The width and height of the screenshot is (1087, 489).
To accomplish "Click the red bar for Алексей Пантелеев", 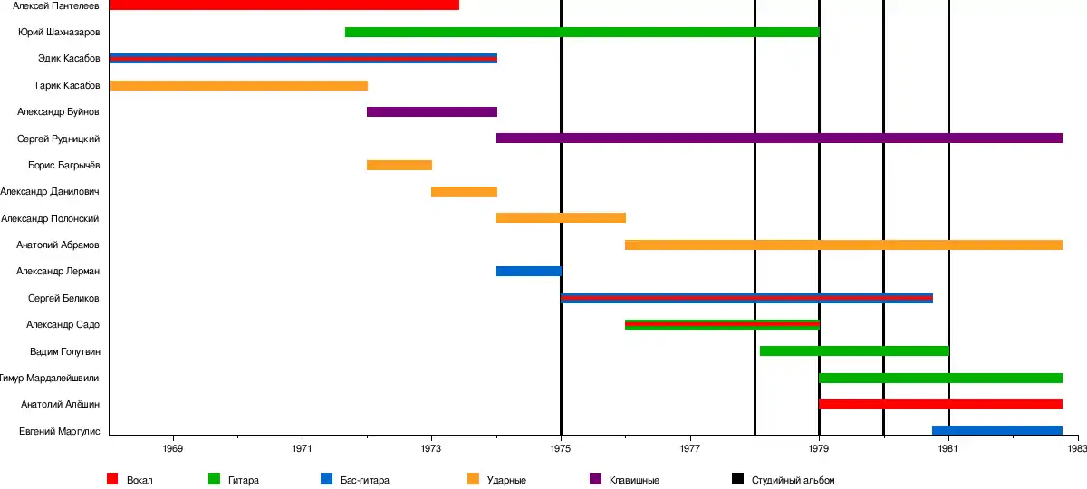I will click(x=284, y=5).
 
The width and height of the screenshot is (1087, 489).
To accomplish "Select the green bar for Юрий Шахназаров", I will click(x=582, y=33).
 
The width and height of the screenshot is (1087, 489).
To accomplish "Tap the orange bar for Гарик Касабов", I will click(x=238, y=85).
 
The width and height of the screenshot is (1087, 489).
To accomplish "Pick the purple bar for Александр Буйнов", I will click(x=432, y=112).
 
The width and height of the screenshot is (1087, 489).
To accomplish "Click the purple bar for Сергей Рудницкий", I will click(x=779, y=139).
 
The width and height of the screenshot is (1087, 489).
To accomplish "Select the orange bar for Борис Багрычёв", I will click(x=399, y=166).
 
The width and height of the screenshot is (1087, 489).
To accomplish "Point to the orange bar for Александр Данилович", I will click(x=464, y=192).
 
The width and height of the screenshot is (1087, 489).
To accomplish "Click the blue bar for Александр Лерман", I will click(x=529, y=272).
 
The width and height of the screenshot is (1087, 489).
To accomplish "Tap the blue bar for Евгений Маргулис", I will click(x=997, y=431).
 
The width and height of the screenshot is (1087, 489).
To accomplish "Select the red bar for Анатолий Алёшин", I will click(x=940, y=405).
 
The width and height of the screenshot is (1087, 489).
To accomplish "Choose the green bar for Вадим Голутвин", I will click(x=854, y=351).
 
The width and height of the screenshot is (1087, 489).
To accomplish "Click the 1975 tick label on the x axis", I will click(x=561, y=448).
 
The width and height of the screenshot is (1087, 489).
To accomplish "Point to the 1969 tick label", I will click(x=173, y=448).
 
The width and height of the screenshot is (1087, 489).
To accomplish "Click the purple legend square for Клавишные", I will click(x=595, y=479).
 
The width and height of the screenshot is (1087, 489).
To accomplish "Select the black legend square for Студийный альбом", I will click(x=737, y=479).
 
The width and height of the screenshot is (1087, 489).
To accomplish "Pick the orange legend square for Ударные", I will click(x=473, y=479).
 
